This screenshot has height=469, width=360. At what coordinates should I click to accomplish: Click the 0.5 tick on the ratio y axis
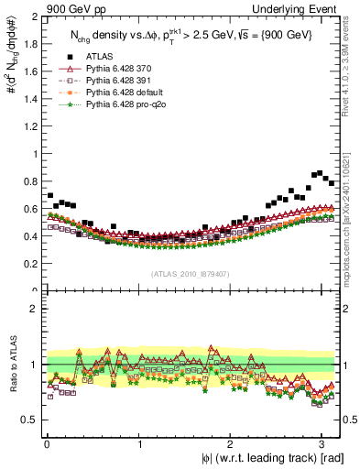29,420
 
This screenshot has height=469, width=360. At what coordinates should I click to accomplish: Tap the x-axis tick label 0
47,443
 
